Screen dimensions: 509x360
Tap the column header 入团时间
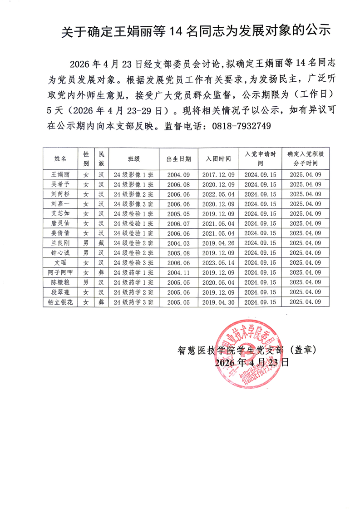(x=219, y=159)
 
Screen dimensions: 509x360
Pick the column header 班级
(x=133, y=159)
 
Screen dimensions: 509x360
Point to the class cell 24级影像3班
(x=133, y=204)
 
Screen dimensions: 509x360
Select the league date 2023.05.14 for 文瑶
(x=219, y=262)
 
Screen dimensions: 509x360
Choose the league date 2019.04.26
(x=219, y=243)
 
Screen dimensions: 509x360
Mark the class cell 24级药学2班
(x=133, y=292)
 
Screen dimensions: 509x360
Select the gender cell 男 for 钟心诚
(x=85, y=253)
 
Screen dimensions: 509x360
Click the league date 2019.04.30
(x=219, y=301)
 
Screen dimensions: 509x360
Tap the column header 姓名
(x=60, y=159)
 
